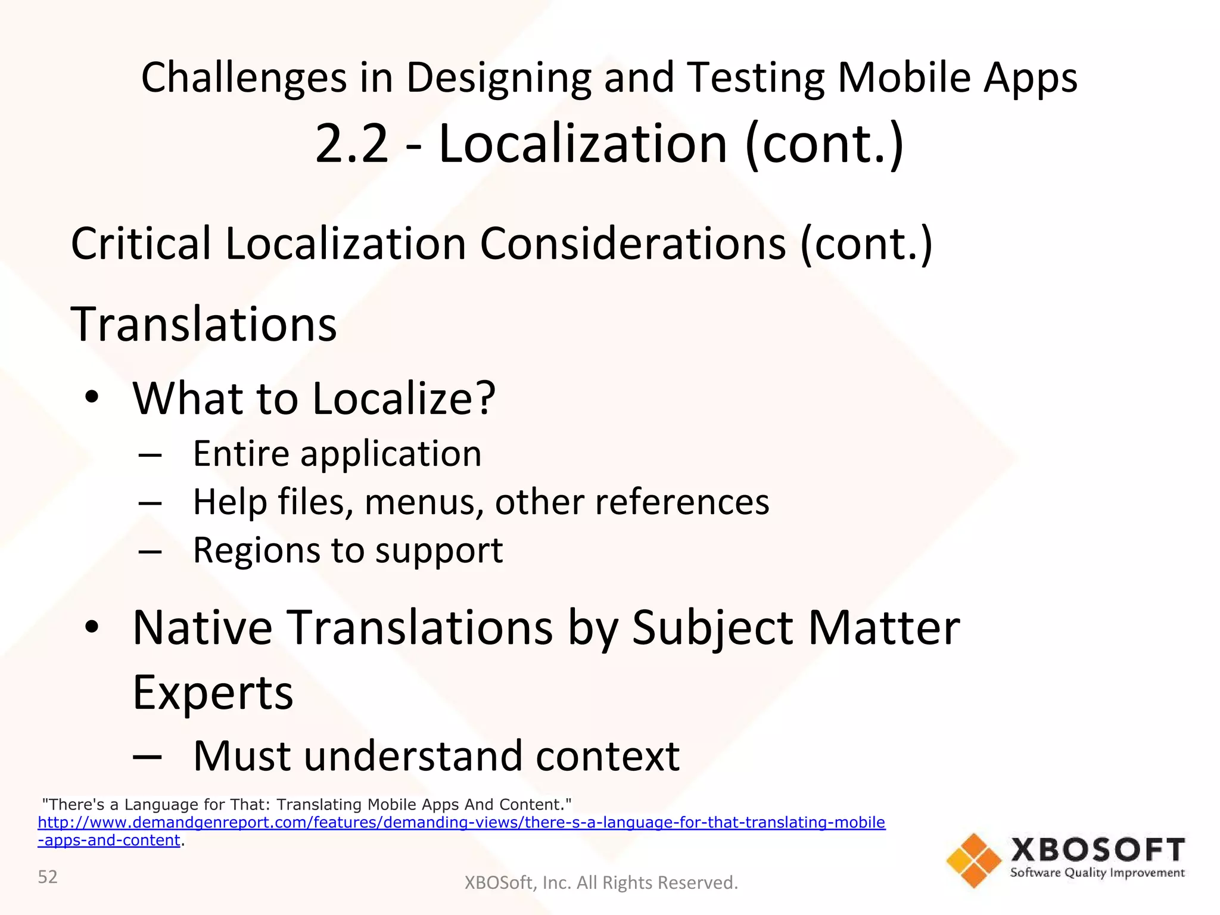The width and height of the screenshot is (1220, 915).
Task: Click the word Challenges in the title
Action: coord(244,79)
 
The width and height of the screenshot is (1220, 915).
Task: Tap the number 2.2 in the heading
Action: coord(351,144)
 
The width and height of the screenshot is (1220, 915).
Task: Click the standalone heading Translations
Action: coord(204,325)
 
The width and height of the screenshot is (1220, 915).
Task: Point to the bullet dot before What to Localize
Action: coord(91,397)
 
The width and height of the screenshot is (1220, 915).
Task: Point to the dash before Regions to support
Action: coord(150,552)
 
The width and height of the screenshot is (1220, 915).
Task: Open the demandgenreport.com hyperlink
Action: coord(461,823)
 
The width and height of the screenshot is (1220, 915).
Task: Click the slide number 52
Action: coord(48,877)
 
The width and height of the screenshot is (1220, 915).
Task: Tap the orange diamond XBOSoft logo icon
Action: coord(973,860)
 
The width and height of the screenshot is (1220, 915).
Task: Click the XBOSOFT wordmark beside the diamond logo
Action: coord(1097,849)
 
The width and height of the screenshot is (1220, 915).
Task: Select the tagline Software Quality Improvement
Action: coord(1097,873)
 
